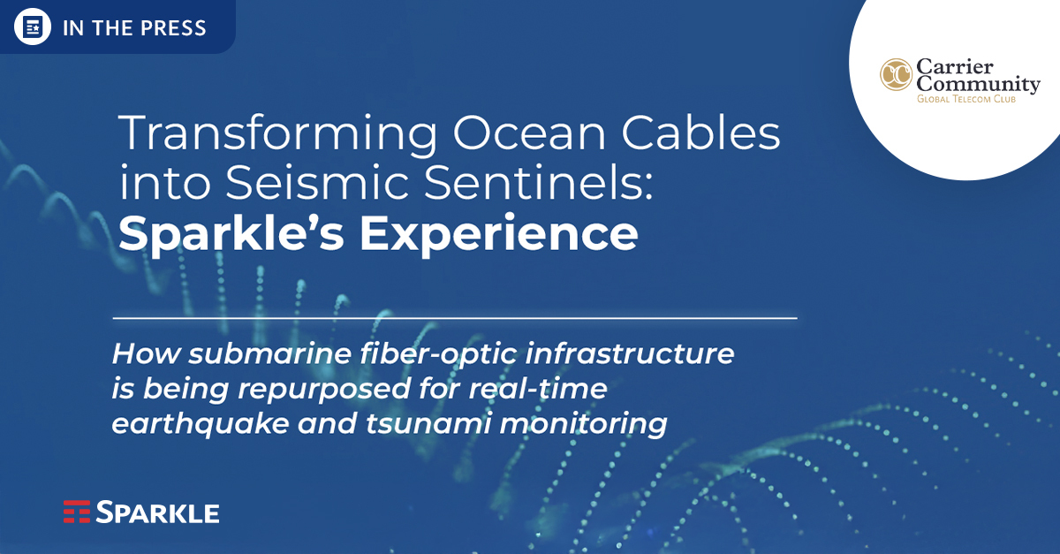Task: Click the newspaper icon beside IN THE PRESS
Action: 32,27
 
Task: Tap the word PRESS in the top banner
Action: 173,28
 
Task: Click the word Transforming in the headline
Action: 278,134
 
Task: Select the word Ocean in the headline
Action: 529,133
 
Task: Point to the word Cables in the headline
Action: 700,133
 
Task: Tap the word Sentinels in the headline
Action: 539,182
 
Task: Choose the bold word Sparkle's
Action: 231,233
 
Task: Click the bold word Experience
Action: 499,233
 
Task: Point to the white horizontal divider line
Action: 455,318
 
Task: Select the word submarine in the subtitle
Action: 269,353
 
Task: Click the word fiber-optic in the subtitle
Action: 437,354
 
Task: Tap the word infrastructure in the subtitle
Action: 629,353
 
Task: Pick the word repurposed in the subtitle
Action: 325,391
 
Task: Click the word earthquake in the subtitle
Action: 201,424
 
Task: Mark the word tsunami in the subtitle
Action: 428,423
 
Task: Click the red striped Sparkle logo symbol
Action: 77,512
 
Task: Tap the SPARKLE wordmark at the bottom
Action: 157,512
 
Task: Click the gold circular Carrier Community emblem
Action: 896,75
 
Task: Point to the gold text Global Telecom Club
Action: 966,99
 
